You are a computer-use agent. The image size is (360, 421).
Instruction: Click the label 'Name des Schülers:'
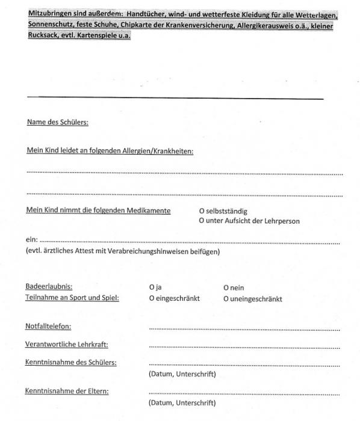pyautogui.click(x=57, y=123)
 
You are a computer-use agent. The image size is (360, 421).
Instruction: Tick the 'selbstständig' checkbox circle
pyautogui.click(x=202, y=212)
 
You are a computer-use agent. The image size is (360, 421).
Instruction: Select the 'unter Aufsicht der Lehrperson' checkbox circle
pyautogui.click(x=202, y=221)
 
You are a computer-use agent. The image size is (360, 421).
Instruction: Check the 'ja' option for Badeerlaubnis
pyautogui.click(x=152, y=288)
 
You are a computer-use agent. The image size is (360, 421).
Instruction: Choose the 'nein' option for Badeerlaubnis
pyautogui.click(x=226, y=288)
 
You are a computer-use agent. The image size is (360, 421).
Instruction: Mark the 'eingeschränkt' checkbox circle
pyautogui.click(x=152, y=298)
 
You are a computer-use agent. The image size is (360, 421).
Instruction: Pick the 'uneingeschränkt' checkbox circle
pyautogui.click(x=226, y=298)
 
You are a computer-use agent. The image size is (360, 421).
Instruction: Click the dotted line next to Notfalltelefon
pyautogui.click(x=243, y=329)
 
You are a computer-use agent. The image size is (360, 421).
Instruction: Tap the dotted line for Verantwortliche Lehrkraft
pyautogui.click(x=243, y=347)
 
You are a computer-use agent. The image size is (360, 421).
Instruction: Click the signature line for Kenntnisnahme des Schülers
pyautogui.click(x=243, y=364)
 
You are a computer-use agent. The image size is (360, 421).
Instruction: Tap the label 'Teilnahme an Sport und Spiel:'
pyautogui.click(x=72, y=298)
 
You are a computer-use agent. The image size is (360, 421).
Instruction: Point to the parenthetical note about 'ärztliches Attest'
pyautogui.click(x=123, y=251)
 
